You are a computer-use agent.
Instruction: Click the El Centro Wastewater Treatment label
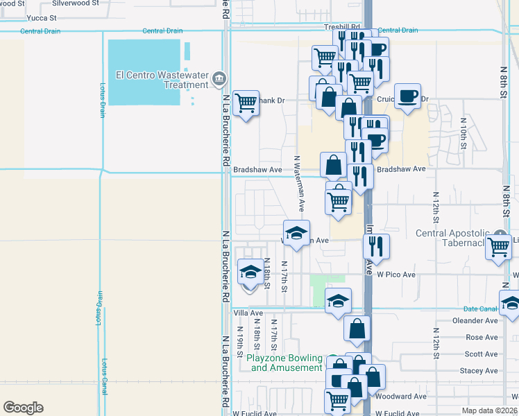pyautogui.click(x=162, y=80)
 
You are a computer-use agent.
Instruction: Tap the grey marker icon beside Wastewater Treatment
pyautogui.click(x=219, y=78)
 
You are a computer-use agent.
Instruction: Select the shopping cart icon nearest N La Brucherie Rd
pyautogui.click(x=246, y=103)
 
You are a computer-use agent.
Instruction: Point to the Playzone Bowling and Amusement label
pyautogui.click(x=285, y=363)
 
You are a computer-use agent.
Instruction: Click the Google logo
pyautogui.click(x=23, y=407)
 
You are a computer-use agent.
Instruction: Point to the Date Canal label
pyautogui.click(x=480, y=309)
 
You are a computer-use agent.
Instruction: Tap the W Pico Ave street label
pyautogui.click(x=395, y=275)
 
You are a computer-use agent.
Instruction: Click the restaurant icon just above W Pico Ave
pyautogui.click(x=375, y=245)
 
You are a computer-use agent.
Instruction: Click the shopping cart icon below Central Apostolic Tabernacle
pyautogui.click(x=499, y=247)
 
